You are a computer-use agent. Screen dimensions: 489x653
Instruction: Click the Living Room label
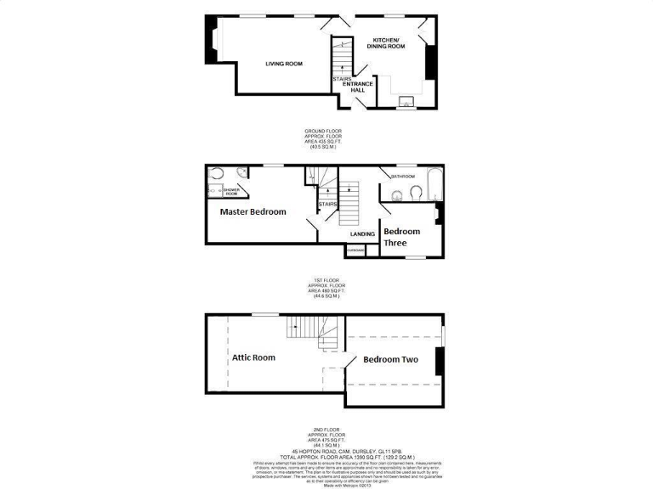(283, 64)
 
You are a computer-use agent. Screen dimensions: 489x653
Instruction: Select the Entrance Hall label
(359, 87)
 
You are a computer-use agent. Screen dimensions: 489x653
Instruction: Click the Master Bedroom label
(253, 211)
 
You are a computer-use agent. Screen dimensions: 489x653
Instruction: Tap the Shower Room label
(230, 192)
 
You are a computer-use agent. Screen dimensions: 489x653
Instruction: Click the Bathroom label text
(402, 177)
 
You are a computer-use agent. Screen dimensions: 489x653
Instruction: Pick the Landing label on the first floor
(363, 233)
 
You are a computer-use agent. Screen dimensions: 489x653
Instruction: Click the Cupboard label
(355, 250)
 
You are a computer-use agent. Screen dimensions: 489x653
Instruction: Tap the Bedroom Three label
(401, 237)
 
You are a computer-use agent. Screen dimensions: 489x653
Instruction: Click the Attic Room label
(253, 357)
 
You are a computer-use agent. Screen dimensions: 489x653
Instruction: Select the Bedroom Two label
(390, 360)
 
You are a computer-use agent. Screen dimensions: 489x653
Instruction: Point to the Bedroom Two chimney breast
(439, 361)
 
